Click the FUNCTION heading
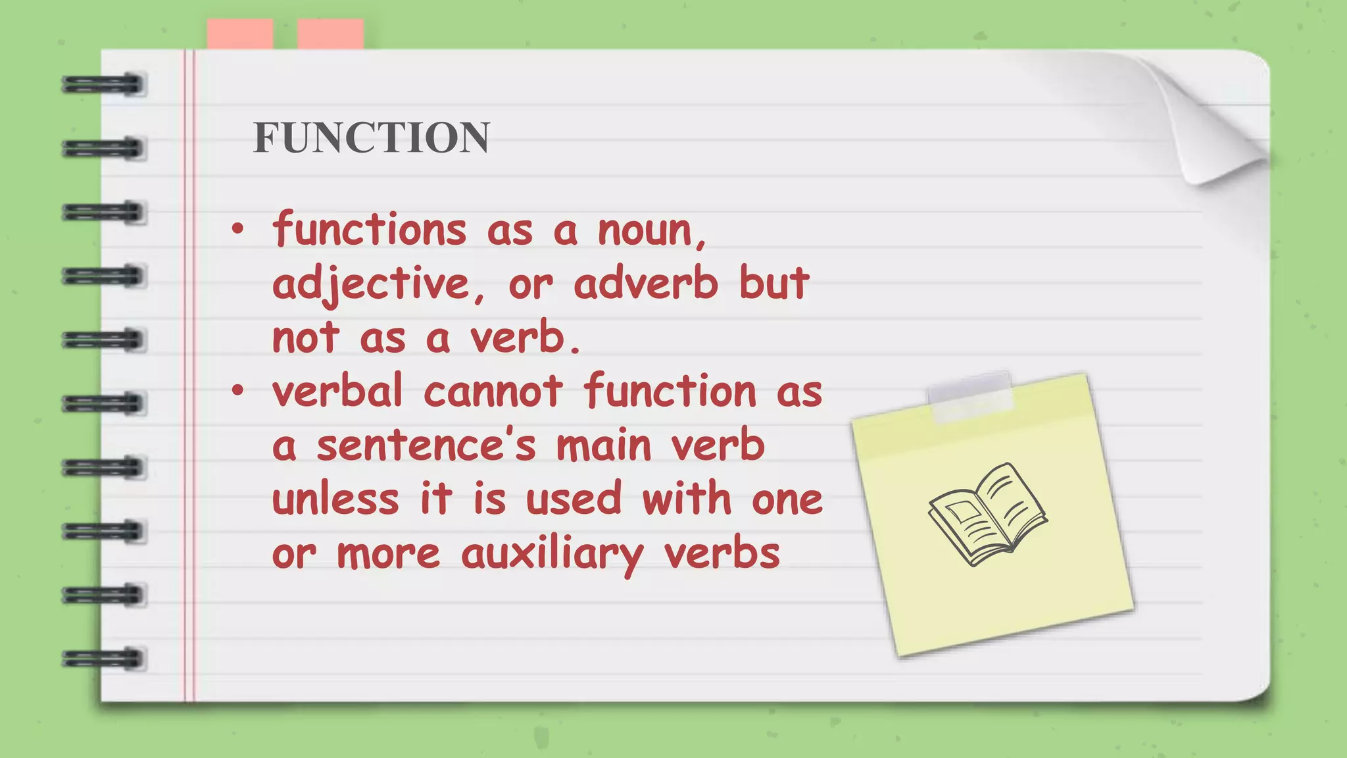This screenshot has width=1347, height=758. pyautogui.click(x=372, y=138)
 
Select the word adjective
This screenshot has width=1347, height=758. pyautogui.click(x=372, y=285)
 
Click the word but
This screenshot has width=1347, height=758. pyautogui.click(x=774, y=284)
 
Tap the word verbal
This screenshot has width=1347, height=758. pyautogui.click(x=337, y=392)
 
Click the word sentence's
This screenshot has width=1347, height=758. pyautogui.click(x=426, y=445)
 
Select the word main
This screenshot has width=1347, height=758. pyautogui.click(x=604, y=445)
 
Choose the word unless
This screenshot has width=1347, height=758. pyautogui.click(x=335, y=499)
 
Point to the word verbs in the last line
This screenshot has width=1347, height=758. pyautogui.click(x=722, y=553)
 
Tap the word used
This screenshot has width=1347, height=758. pyautogui.click(x=574, y=499)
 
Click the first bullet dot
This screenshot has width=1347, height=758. pyautogui.click(x=237, y=230)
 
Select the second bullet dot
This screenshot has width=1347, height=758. pyautogui.click(x=237, y=391)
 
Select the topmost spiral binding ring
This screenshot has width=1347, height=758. pyautogui.click(x=103, y=85)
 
